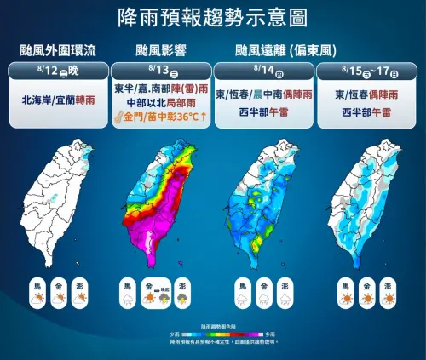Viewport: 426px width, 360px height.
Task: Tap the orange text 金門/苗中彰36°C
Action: pyautogui.click(x=164, y=116)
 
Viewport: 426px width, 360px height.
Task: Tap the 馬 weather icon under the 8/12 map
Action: pyautogui.click(x=37, y=289)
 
